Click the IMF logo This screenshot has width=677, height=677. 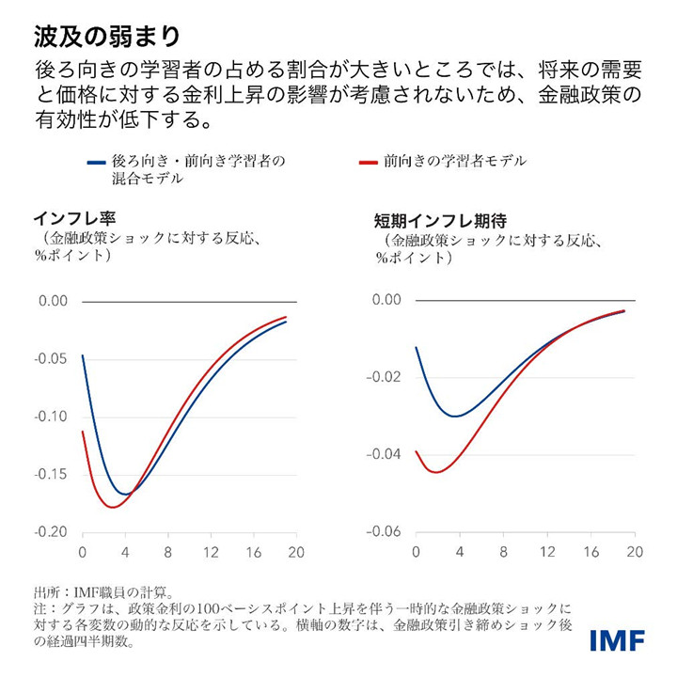click(x=617, y=641)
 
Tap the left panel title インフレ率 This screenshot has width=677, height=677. click(x=73, y=218)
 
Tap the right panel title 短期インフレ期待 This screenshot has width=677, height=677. click(x=440, y=222)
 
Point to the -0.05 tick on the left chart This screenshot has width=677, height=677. click(x=54, y=359)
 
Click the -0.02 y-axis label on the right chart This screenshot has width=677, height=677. click(x=387, y=377)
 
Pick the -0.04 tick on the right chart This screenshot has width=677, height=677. click(x=387, y=455)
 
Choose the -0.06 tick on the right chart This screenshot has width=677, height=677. click(x=387, y=532)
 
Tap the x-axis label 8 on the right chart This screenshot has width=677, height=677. click(x=503, y=552)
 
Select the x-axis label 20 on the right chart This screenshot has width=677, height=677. click(x=635, y=552)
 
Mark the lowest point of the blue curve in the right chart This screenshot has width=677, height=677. click(x=456, y=416)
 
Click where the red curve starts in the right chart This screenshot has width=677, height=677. click(x=417, y=452)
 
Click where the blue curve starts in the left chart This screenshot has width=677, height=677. click(x=83, y=355)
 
